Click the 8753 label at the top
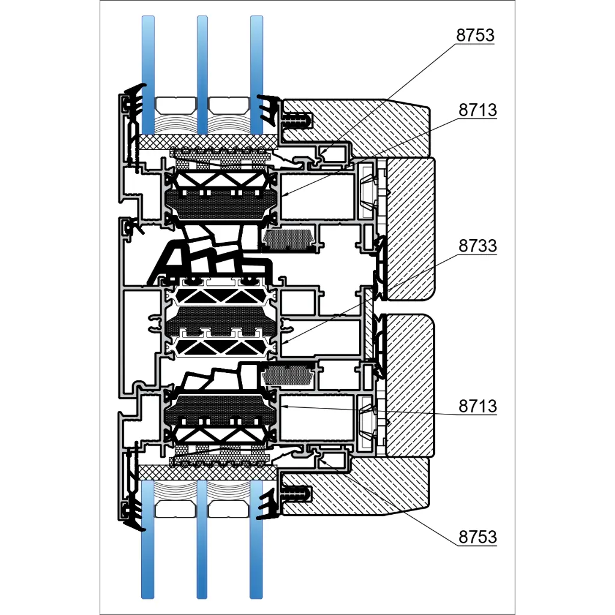pyautogui.click(x=475, y=35)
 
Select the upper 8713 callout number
pyautogui.click(x=477, y=111)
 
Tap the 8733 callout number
pyautogui.click(x=477, y=246)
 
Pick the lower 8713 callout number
pyautogui.click(x=477, y=406)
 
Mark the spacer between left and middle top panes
pyautogui.click(x=175, y=106)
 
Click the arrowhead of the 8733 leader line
pyautogui.click(x=282, y=343)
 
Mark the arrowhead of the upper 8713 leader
pyautogui.click(x=282, y=195)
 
